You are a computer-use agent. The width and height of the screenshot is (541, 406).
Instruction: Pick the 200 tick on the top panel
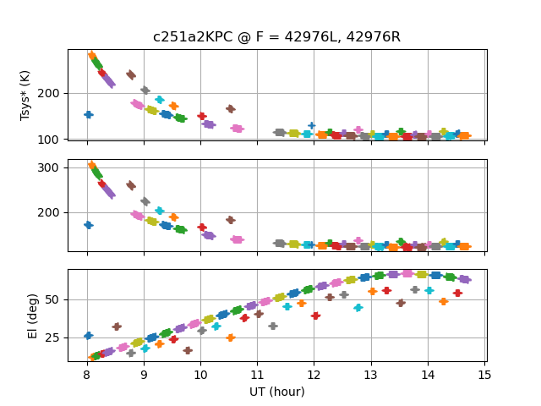(52, 93)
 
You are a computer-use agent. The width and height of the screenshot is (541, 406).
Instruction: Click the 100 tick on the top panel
(52, 139)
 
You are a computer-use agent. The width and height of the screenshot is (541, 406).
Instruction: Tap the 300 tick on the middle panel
(52, 167)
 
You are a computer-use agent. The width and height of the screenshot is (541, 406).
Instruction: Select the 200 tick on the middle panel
(52, 212)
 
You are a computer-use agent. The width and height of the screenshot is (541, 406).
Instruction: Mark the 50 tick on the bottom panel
(55, 299)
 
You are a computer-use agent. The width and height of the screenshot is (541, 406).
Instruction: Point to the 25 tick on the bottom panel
(55, 337)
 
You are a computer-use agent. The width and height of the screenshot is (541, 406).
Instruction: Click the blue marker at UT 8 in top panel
(88, 114)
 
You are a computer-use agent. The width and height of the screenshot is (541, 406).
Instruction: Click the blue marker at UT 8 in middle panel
(88, 225)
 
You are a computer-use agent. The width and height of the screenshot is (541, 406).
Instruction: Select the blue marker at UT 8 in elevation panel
(88, 336)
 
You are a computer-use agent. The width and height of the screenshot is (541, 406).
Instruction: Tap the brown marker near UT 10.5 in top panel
(230, 109)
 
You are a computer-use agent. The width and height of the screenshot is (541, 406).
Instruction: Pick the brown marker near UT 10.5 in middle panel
(230, 220)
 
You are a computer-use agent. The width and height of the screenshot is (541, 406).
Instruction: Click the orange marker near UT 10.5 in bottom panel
(230, 337)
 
